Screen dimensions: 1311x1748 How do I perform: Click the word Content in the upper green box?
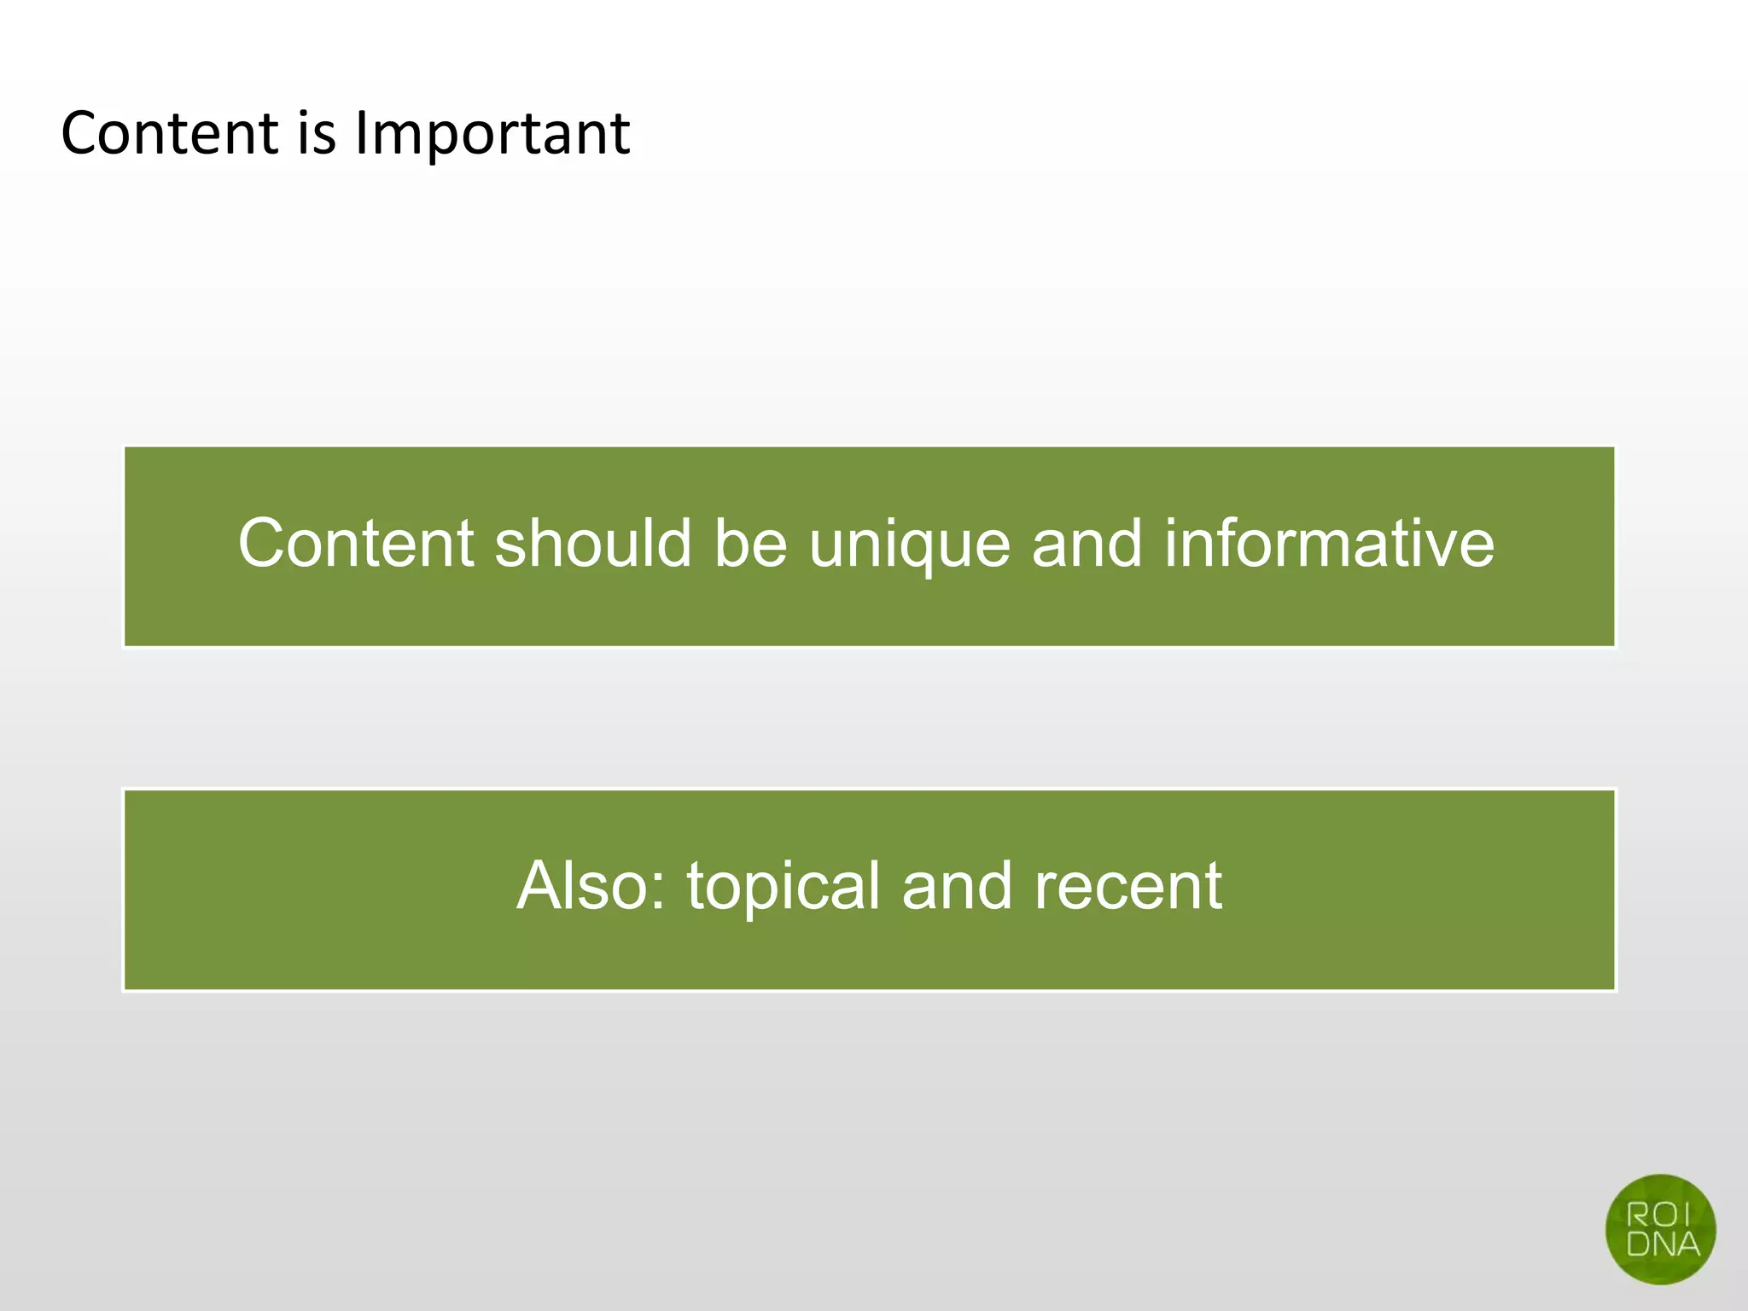[x=356, y=544]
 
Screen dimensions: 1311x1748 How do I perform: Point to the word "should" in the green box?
[x=593, y=544]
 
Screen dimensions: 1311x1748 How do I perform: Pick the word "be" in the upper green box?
[x=750, y=544]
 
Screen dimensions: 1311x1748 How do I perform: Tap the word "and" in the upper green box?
[x=1087, y=544]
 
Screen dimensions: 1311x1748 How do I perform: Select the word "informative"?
[x=1329, y=544]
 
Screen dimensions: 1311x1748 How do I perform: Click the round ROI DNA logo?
[x=1660, y=1229]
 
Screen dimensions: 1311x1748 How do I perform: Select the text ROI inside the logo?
[x=1658, y=1215]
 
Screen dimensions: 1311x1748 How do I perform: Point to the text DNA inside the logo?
[x=1663, y=1244]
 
